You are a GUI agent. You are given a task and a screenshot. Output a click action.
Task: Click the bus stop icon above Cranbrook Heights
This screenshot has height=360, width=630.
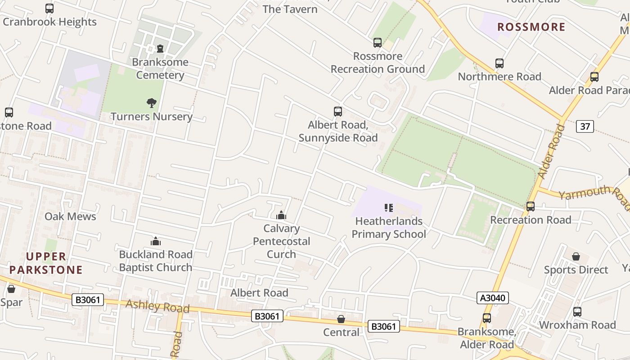pos(49,9)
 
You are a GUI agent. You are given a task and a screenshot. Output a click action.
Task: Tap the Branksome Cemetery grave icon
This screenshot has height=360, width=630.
pos(160,48)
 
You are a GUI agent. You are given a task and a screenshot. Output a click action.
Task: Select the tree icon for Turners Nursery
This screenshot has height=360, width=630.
pos(152,103)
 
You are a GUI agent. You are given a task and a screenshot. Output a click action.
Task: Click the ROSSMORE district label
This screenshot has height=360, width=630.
pos(531,27)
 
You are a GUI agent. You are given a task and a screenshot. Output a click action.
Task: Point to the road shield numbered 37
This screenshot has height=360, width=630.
pos(585,126)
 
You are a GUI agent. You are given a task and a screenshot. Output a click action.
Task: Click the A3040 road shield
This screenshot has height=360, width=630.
pos(493,298)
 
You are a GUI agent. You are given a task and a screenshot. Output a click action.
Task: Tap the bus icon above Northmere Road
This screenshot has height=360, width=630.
pos(499,63)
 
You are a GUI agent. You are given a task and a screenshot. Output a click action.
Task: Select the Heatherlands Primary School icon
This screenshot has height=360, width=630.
pos(389,208)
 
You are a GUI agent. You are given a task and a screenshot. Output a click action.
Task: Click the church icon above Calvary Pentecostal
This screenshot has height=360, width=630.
pos(281,215)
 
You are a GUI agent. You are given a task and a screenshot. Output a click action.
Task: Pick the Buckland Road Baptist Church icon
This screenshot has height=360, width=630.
pos(156,242)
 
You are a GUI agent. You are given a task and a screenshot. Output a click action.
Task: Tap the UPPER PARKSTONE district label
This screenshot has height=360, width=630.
pos(46,263)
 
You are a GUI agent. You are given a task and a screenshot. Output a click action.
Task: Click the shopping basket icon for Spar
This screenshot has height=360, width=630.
pos(11,289)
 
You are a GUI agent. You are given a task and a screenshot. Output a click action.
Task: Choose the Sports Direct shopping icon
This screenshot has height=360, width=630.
pos(576,257)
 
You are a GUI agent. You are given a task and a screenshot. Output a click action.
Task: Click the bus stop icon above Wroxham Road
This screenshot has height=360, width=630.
pos(577,312)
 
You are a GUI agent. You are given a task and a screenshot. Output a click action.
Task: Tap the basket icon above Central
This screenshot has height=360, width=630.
pos(341,319)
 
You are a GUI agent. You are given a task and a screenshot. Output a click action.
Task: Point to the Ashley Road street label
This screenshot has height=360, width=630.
pos(157,306)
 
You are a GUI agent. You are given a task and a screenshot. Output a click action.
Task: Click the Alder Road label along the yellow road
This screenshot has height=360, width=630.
pos(551,151)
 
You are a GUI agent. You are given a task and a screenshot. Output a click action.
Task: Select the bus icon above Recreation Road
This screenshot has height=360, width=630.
pos(531,207)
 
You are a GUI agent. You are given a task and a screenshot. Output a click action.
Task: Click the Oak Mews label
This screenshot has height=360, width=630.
pos(70,216)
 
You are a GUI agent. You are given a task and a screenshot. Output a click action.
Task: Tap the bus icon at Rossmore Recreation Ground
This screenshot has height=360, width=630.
pos(378,43)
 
